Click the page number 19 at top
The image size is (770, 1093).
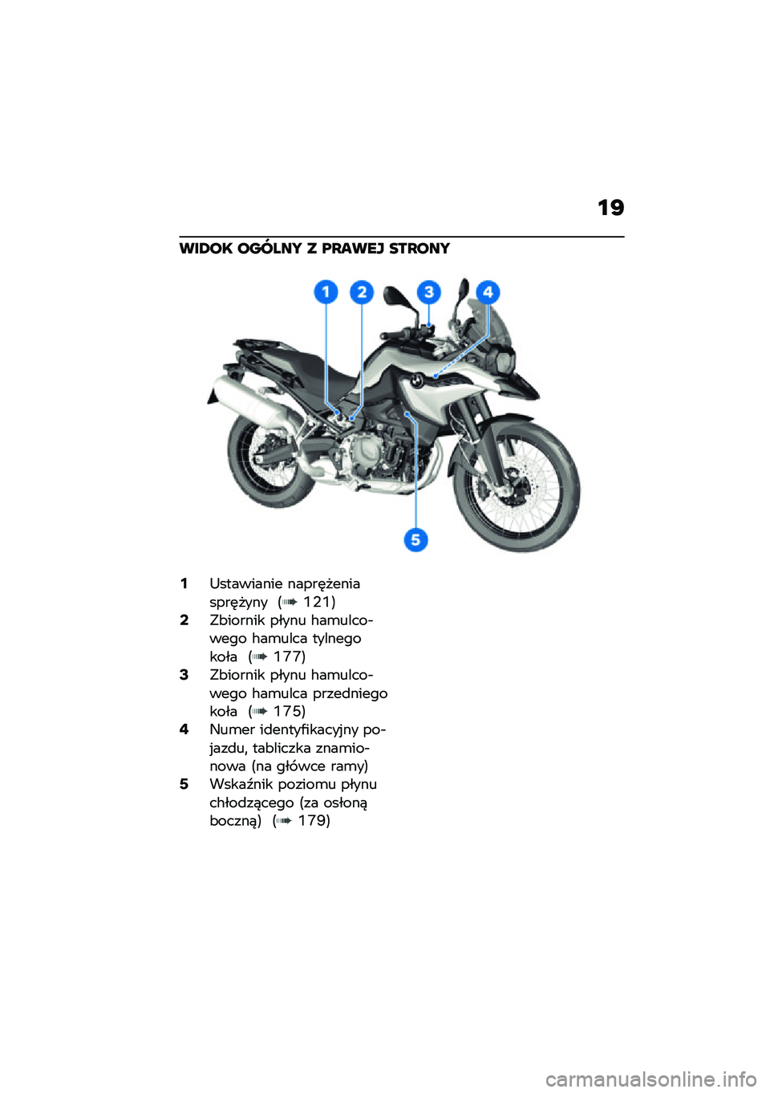tap(610, 209)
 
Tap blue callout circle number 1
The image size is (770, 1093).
tap(326, 292)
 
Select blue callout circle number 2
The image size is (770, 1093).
tap(362, 292)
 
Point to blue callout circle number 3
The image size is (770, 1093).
tap(428, 292)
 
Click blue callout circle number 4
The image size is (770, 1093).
tap(488, 292)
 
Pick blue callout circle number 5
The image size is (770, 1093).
tap(415, 540)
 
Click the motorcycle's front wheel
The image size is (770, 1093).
tap(517, 487)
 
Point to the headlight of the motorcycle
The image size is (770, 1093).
tap(504, 362)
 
